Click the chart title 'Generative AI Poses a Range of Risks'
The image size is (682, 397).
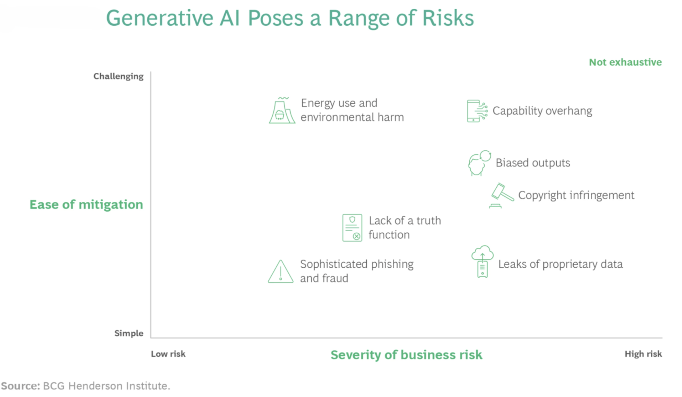(x=290, y=18)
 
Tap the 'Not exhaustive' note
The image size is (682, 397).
(x=625, y=62)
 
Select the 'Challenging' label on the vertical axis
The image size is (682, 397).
(x=118, y=76)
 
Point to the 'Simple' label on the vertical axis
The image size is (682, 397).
(x=129, y=333)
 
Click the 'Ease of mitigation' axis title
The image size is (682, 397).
(x=86, y=205)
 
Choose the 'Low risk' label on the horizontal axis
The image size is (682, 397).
(x=168, y=354)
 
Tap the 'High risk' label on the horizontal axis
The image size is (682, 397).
(x=643, y=354)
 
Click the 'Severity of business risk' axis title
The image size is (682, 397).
(x=406, y=355)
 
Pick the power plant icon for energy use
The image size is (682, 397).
(x=282, y=110)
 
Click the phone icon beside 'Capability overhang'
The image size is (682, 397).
(x=477, y=111)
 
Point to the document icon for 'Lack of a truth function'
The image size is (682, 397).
(x=352, y=228)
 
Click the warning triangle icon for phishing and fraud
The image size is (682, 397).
(x=281, y=272)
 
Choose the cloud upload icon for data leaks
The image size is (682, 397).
(x=482, y=262)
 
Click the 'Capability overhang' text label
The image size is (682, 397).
(x=542, y=111)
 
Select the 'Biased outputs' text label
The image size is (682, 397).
(x=533, y=163)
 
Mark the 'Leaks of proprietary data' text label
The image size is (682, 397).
(x=560, y=264)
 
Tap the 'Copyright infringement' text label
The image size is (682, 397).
(x=576, y=195)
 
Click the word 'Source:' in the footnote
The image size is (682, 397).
(x=21, y=386)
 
